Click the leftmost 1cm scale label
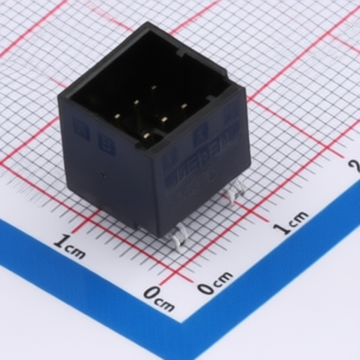point(70,247)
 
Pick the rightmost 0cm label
point(214,283)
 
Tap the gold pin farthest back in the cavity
point(153,88)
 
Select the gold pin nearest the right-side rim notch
point(184,106)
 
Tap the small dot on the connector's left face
point(103,176)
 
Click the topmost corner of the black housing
point(150,24)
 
